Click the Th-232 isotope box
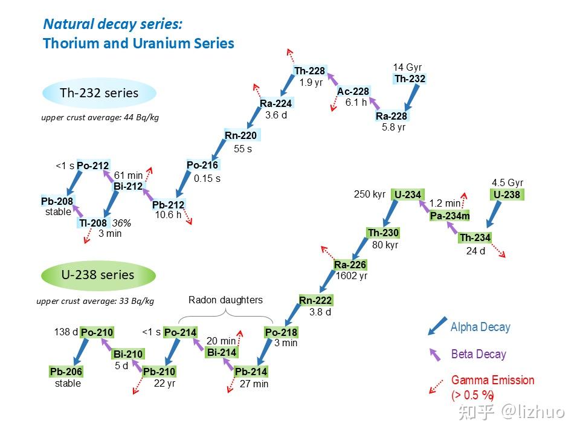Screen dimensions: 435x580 point(410,79)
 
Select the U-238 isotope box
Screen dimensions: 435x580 point(506,195)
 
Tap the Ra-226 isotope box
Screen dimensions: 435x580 point(350,265)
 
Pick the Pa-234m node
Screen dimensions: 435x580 point(450,216)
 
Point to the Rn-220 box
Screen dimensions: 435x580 point(240,135)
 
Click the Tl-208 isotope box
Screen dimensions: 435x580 point(92,224)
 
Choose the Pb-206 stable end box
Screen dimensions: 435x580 point(66,372)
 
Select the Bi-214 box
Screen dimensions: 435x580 point(222,353)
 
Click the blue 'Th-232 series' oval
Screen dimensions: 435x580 point(99,93)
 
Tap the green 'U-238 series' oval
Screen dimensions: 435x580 point(98,275)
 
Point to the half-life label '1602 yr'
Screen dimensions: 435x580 point(352,276)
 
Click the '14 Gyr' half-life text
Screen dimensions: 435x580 point(407,67)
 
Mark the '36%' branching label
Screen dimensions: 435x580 point(122,223)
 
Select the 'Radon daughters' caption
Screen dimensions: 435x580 point(225,300)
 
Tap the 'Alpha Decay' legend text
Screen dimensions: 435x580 point(480,327)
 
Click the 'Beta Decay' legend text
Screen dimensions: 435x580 point(478,354)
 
